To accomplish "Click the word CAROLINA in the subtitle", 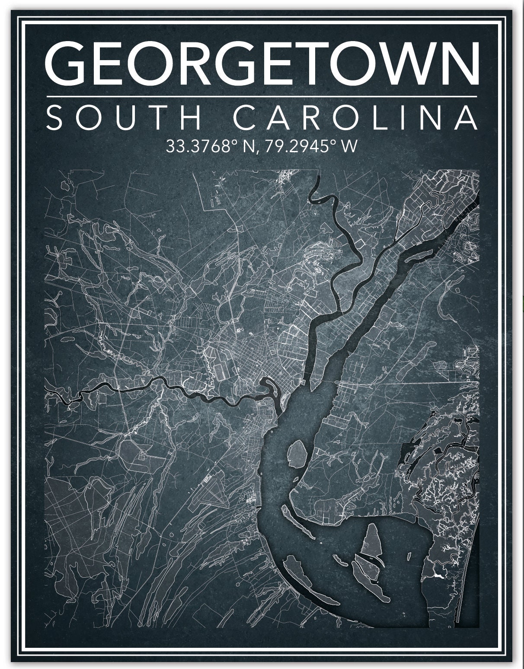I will [x=355, y=117].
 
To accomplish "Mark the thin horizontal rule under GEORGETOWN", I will [x=262, y=96].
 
